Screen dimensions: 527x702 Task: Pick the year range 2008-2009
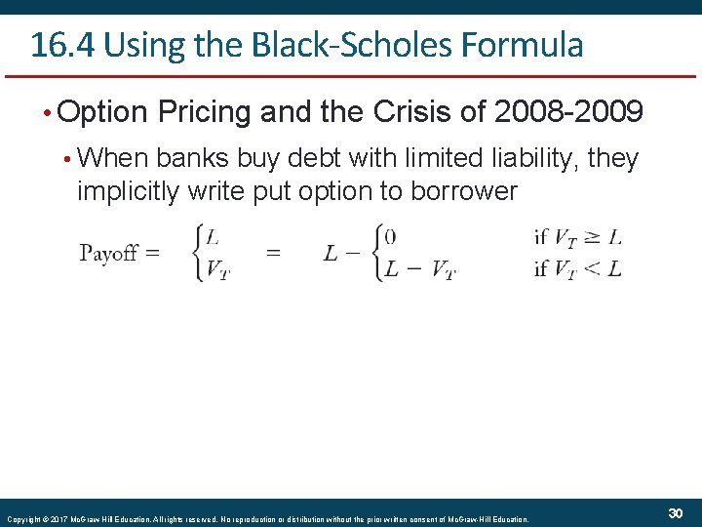click(568, 113)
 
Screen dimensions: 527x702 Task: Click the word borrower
click(460, 190)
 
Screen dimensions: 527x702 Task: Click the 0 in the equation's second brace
click(390, 235)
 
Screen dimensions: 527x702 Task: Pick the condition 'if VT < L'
click(577, 269)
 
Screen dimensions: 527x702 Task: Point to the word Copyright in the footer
click(21, 519)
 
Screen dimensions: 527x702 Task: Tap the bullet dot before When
click(65, 159)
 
